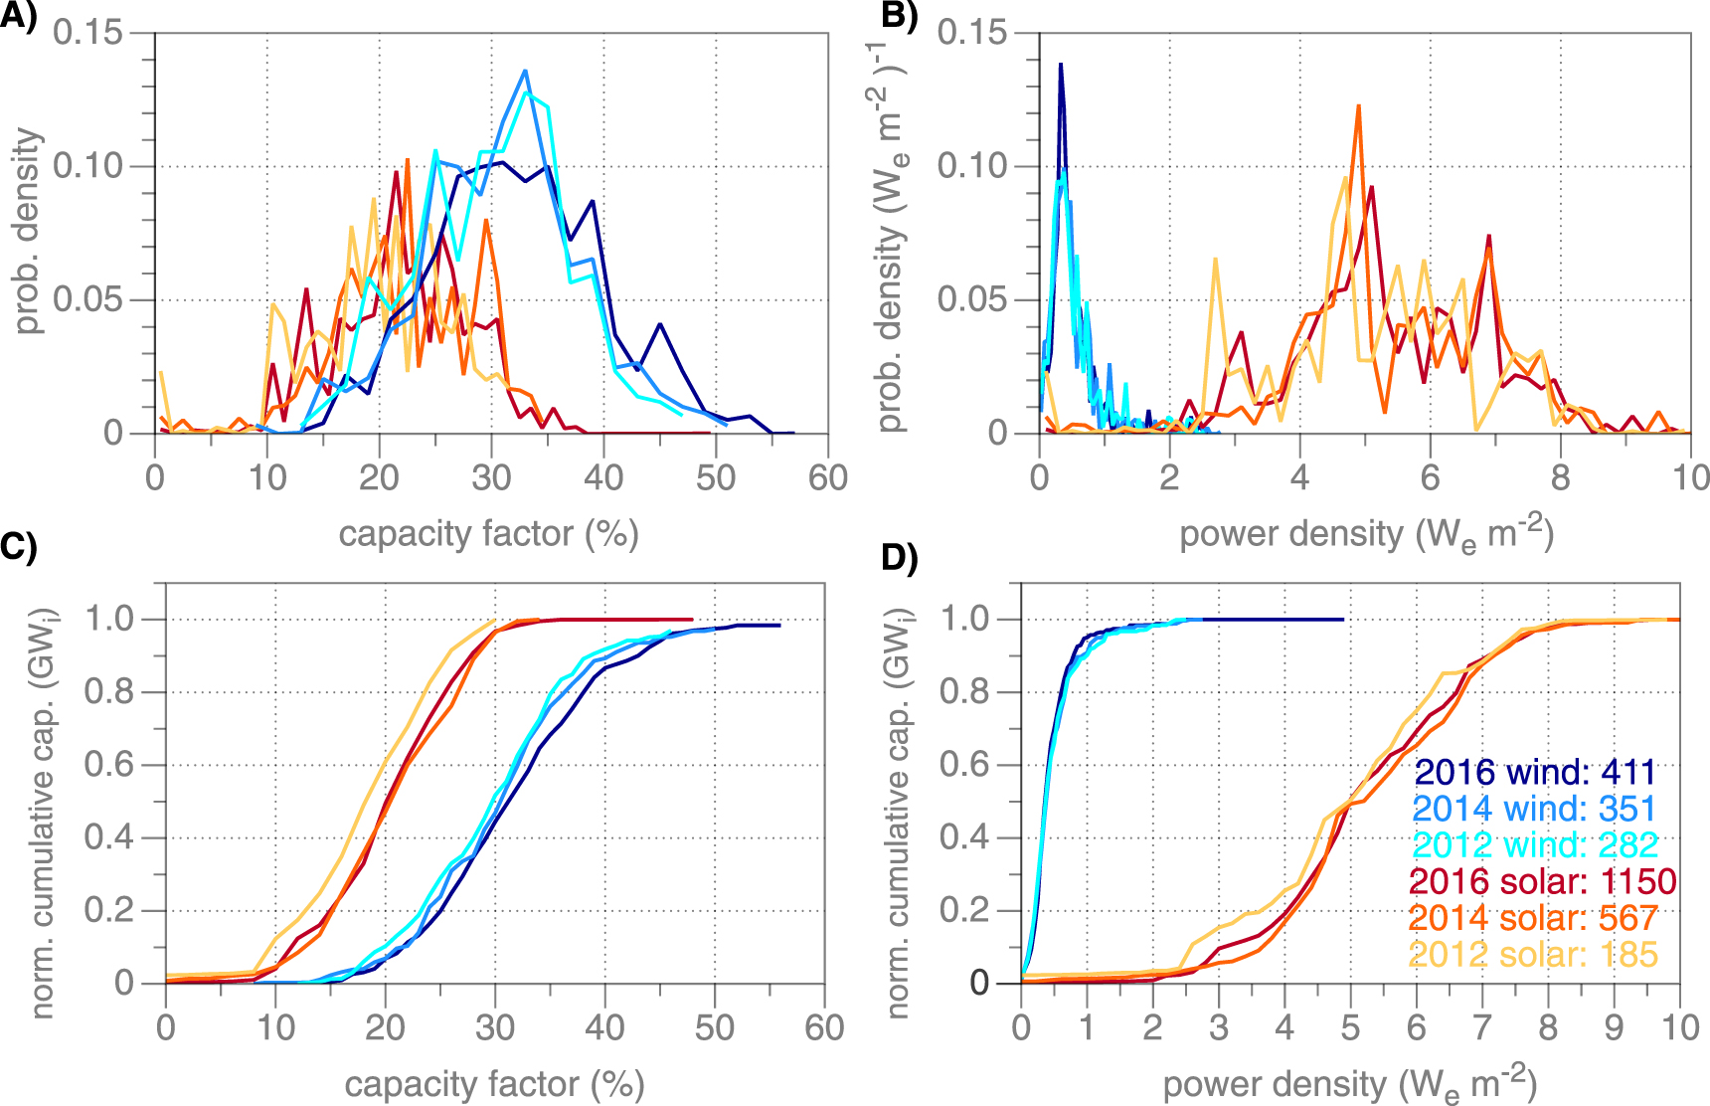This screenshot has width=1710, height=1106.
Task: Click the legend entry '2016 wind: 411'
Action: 1535,772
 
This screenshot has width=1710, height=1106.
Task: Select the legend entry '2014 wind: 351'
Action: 1535,809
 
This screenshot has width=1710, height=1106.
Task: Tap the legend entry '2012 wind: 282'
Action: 1535,845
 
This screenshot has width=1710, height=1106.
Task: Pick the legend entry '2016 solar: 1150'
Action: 1543,881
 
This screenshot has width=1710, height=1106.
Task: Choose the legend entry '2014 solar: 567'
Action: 1533,918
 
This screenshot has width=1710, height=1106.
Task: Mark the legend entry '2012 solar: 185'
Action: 1533,955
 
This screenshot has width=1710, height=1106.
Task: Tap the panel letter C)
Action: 18,548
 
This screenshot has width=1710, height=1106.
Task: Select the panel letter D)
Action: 900,559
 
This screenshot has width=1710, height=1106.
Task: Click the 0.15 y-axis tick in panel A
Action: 87,33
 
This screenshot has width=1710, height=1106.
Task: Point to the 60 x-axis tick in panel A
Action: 827,478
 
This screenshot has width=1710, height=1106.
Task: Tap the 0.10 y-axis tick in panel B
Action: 971,166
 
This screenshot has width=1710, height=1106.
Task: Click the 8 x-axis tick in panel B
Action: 1560,478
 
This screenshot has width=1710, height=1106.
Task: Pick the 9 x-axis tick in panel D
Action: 1614,1027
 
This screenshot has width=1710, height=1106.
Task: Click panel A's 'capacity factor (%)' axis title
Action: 488,534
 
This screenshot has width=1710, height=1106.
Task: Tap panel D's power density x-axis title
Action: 1349,1085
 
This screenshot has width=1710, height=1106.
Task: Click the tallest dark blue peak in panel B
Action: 1061,65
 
